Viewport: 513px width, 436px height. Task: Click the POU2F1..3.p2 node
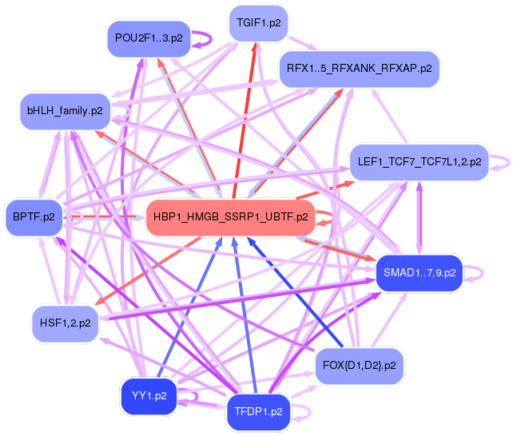149,38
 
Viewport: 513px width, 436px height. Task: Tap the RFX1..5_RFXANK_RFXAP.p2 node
359,69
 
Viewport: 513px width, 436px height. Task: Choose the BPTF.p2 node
34,216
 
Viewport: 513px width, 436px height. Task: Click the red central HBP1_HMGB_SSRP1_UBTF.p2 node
230,216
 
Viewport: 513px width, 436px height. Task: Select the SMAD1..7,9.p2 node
420,273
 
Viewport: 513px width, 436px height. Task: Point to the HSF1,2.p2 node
64,323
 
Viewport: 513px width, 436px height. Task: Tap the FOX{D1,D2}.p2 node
359,366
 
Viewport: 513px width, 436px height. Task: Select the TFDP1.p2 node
259,412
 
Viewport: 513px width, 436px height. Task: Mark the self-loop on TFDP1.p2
302,412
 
